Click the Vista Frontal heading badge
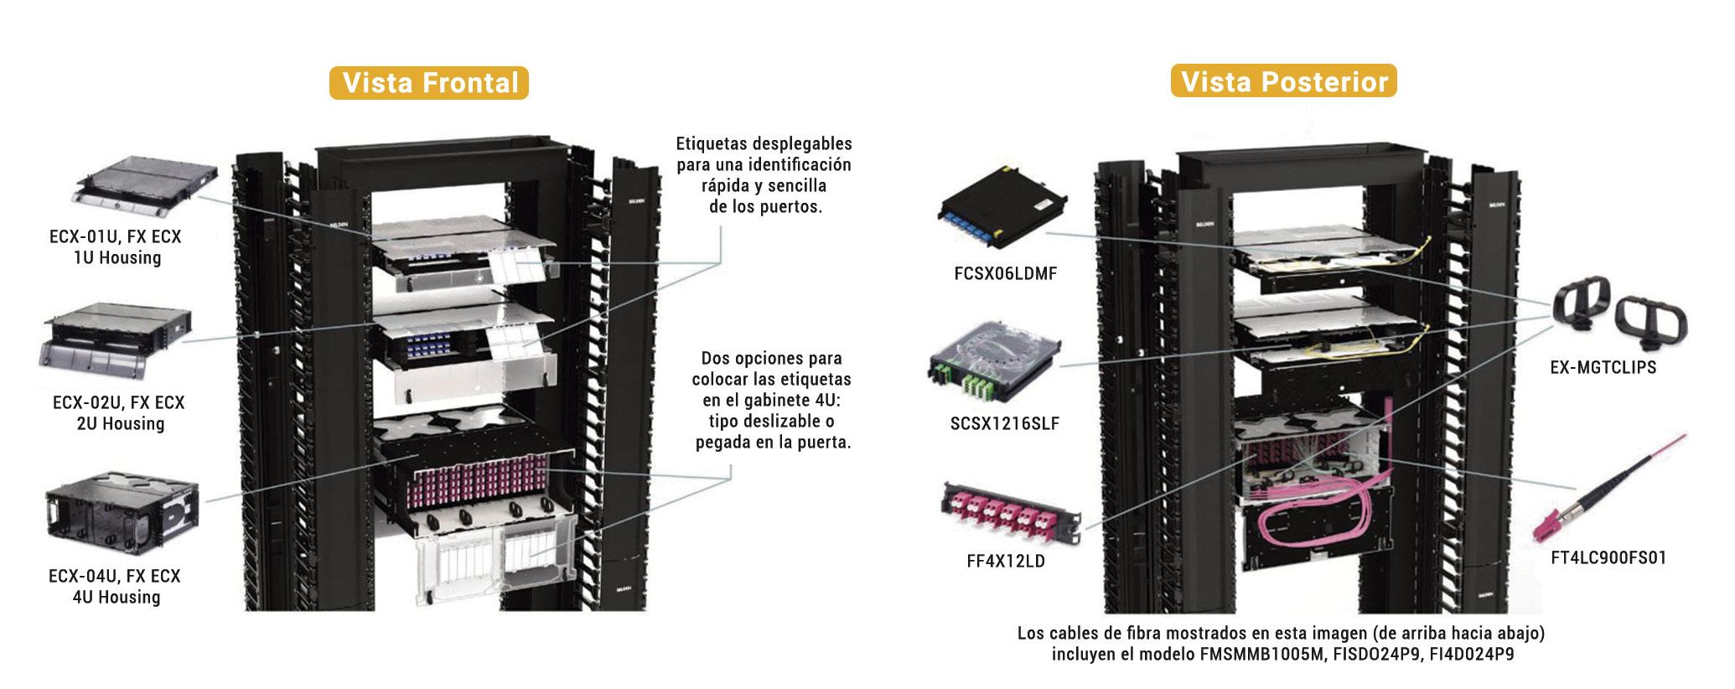(428, 83)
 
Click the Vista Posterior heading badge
(1283, 82)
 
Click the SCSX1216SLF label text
(1004, 423)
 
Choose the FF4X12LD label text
(1006, 561)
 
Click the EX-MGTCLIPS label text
(1603, 367)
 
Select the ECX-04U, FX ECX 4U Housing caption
(116, 586)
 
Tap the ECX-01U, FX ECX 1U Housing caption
(116, 247)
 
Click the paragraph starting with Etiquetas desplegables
(764, 175)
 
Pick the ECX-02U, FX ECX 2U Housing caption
(118, 412)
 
